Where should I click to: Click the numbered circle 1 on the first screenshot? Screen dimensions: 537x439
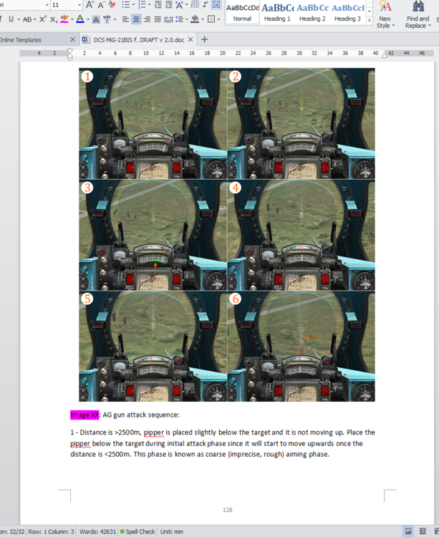pyautogui.click(x=87, y=77)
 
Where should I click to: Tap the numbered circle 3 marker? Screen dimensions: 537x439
pyautogui.click(x=87, y=188)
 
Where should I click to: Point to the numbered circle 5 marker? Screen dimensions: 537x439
pyautogui.click(x=87, y=299)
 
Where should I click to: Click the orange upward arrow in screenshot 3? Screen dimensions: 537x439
pyautogui.click(x=155, y=268)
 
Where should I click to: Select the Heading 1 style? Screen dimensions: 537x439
pyautogui.click(x=276, y=12)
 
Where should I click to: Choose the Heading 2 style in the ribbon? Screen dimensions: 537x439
pyautogui.click(x=312, y=12)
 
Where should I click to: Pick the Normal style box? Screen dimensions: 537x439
pyautogui.click(x=242, y=12)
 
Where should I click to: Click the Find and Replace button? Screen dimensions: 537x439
pyautogui.click(x=418, y=14)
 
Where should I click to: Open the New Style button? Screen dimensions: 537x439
pyautogui.click(x=385, y=14)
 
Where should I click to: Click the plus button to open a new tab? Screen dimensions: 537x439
pyautogui.click(x=205, y=39)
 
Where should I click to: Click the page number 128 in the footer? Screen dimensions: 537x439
pyautogui.click(x=228, y=510)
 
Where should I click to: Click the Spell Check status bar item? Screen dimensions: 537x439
pyautogui.click(x=140, y=531)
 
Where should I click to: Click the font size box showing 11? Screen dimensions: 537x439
pyautogui.click(x=62, y=5)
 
